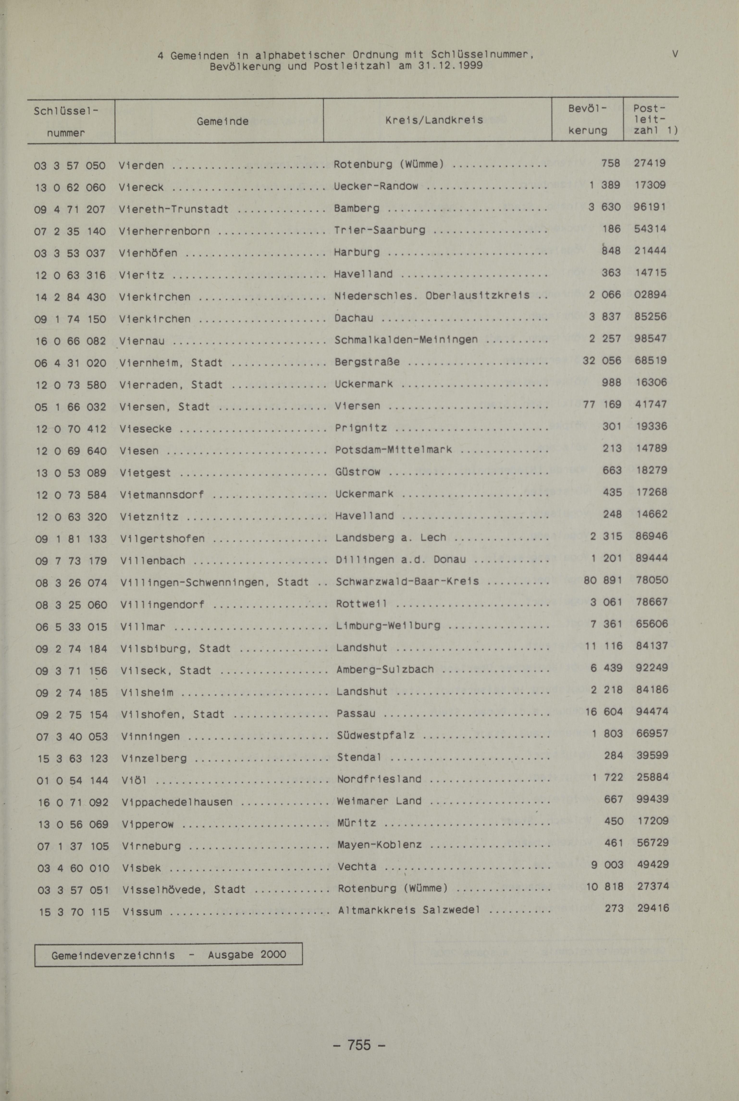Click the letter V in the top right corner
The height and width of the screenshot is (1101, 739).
[675, 54]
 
